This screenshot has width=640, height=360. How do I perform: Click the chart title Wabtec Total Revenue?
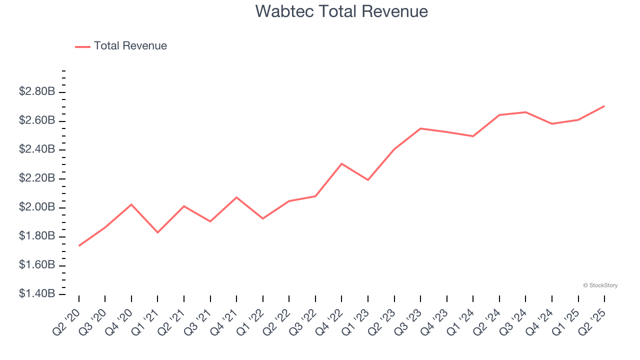point(341,11)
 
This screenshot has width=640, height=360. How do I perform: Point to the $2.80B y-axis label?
point(37,91)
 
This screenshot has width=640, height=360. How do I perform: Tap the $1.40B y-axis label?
point(37,293)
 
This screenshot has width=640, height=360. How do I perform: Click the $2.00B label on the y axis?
point(37,207)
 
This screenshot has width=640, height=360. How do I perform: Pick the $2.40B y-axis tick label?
point(37,149)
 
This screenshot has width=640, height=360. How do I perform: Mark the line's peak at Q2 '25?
point(604,106)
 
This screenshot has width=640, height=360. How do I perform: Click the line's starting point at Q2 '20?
point(79,245)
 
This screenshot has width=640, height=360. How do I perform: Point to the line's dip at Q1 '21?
point(157,232)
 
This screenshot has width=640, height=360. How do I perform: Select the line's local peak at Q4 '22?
point(341,163)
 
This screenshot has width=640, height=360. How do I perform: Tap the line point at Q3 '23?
point(420,128)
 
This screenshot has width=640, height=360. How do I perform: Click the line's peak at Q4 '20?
point(131,204)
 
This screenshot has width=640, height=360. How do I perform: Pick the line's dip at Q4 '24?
point(552,123)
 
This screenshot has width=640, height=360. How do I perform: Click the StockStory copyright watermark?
point(600,285)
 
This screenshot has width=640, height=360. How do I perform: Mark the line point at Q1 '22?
point(263,218)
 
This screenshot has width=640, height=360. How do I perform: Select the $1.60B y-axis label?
point(37,264)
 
